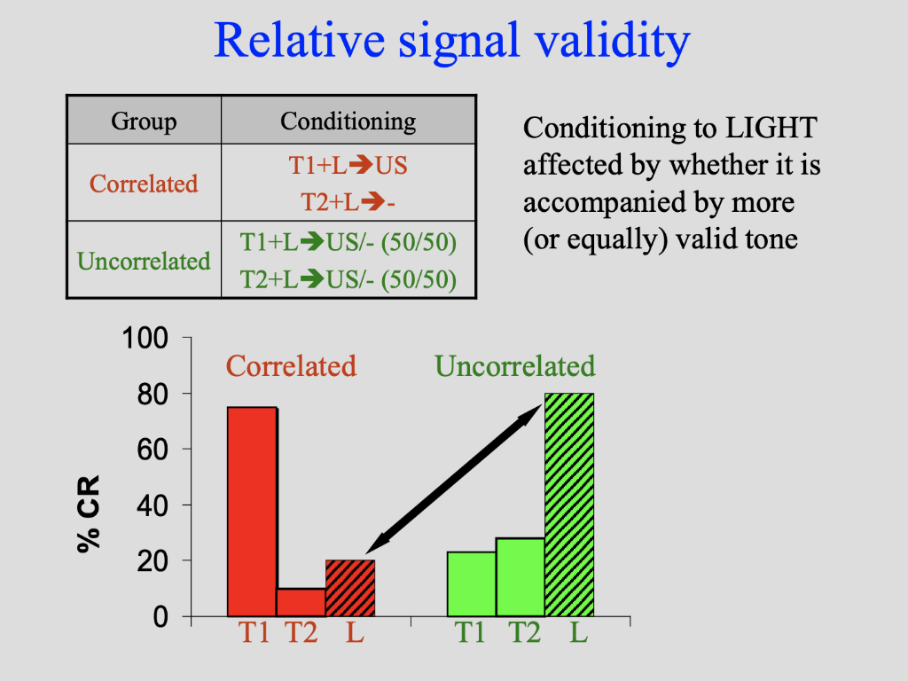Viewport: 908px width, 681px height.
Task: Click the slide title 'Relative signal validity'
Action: click(452, 41)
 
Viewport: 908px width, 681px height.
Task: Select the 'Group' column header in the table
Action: click(144, 121)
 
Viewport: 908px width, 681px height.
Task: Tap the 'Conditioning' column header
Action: click(348, 121)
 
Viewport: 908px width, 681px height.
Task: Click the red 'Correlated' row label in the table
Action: click(144, 184)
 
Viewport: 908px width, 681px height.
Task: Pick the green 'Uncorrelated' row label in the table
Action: click(144, 261)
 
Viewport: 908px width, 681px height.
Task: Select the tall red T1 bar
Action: click(252, 512)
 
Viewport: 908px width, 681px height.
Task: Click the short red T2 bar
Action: click(301, 602)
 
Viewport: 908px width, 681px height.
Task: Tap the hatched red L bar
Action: click(350, 588)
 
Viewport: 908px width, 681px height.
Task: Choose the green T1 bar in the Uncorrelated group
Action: click(471, 583)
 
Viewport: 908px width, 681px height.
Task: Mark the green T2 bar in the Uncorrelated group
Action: click(520, 576)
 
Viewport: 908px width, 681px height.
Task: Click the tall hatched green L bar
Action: click(568, 505)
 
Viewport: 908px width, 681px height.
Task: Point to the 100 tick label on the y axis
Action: click(146, 339)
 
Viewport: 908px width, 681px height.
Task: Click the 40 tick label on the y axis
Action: click(153, 505)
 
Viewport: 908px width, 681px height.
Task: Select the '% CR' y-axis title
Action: click(89, 513)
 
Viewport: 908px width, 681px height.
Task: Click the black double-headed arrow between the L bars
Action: click(454, 477)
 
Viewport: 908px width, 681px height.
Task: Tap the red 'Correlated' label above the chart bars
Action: click(291, 366)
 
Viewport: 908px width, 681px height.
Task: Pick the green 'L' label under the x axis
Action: click(578, 634)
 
